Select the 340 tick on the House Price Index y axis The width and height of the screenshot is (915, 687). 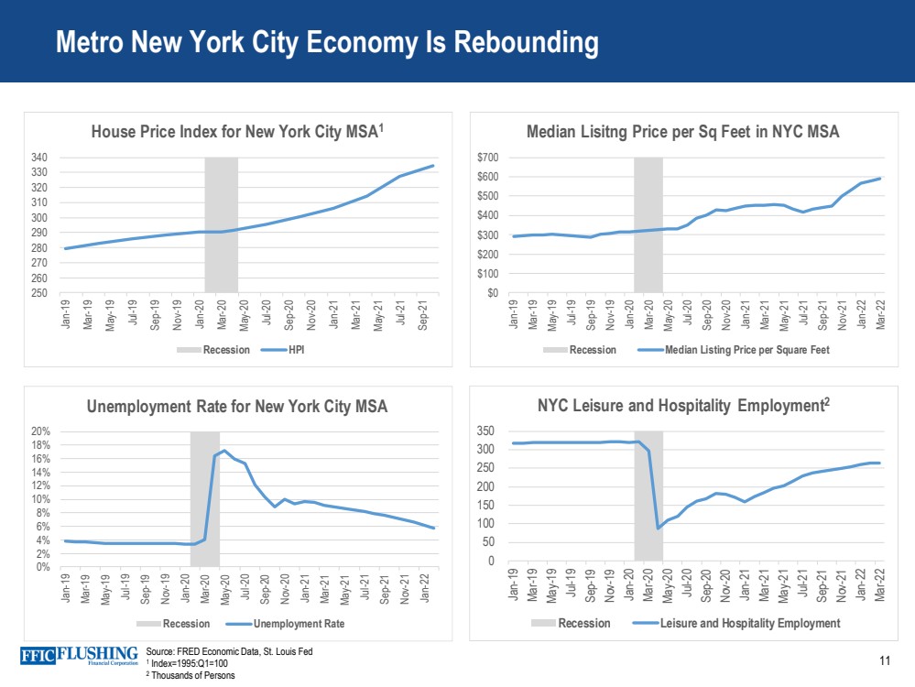[39, 158]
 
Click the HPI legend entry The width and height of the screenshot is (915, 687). [296, 350]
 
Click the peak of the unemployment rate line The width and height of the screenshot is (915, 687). [224, 451]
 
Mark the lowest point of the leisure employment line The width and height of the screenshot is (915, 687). [659, 528]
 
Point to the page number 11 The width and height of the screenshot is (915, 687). [884, 661]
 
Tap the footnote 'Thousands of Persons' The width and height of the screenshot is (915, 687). [192, 676]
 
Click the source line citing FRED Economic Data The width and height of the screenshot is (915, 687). [230, 651]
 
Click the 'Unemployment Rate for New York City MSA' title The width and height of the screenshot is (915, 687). [237, 407]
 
